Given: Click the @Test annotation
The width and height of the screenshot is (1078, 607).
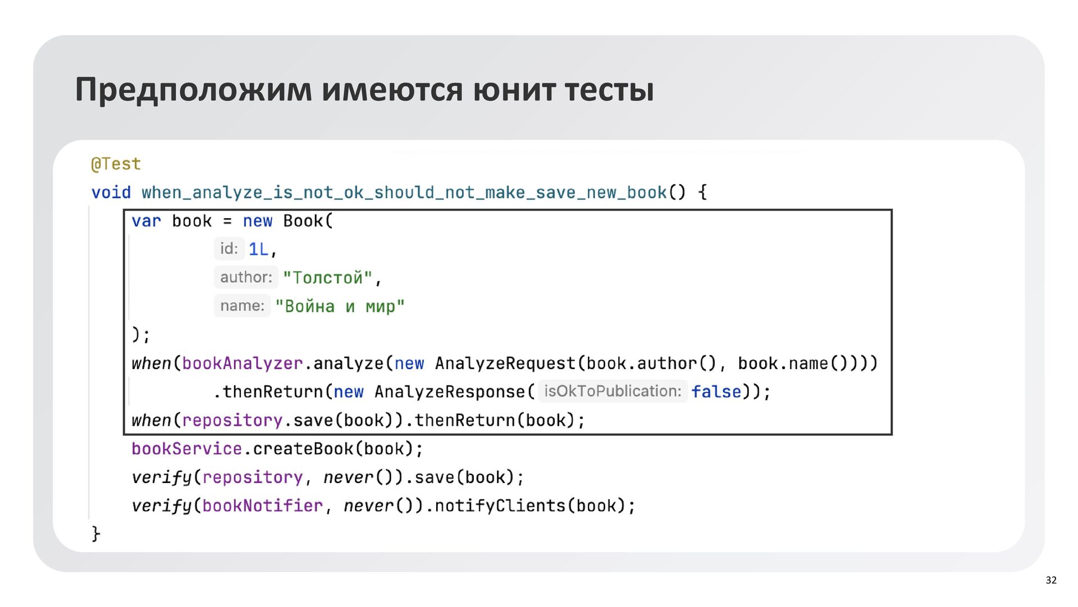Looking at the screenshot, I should click(x=116, y=164).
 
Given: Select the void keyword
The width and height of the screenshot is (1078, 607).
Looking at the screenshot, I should click(x=111, y=192).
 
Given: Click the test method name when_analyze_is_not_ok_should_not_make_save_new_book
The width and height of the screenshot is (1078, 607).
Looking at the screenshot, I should click(x=404, y=192).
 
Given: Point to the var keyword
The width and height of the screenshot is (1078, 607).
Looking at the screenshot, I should click(x=146, y=221).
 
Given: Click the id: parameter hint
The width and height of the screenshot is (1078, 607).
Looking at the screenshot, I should click(x=229, y=249).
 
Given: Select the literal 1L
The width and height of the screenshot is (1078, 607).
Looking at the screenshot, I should click(x=258, y=249).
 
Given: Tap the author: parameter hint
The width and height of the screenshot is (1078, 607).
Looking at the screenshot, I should click(x=246, y=277).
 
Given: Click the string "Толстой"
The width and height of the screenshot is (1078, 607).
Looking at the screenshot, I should click(x=327, y=278).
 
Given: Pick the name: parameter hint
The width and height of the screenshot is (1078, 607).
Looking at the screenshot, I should click(x=242, y=306).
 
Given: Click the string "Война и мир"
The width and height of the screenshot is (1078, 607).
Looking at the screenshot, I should click(x=339, y=306).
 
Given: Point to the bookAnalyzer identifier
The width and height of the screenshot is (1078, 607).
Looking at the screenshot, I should click(x=242, y=364).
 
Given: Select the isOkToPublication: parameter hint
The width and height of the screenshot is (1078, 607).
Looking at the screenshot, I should click(x=613, y=391).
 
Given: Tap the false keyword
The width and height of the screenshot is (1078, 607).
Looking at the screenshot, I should click(x=716, y=392).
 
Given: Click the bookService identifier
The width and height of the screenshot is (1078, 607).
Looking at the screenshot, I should click(x=186, y=449).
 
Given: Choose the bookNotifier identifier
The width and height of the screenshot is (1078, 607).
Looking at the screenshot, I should click(x=262, y=506).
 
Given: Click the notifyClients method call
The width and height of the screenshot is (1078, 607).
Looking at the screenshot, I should click(x=500, y=506).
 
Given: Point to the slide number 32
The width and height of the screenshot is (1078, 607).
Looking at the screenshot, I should click(x=1051, y=580).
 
